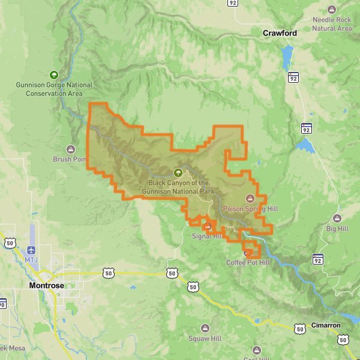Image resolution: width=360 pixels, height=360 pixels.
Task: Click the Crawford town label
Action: (280, 33)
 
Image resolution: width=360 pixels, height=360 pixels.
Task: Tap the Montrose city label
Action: (47, 286)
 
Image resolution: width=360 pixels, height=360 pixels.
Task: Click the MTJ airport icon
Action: (31, 249)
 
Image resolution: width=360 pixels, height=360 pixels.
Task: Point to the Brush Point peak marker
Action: (71, 149)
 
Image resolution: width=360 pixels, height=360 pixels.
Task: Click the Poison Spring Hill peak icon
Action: (250, 198)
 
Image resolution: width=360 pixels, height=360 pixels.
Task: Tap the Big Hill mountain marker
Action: (337, 218)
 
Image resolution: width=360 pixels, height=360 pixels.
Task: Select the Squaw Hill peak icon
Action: (205, 328)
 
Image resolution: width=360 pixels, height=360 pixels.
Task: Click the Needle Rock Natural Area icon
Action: (332, 10)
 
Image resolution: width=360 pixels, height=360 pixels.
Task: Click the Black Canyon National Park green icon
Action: (178, 172)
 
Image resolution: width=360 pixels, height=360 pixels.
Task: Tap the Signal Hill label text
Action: (206, 236)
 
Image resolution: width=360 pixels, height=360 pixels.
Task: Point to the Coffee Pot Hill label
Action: (248, 263)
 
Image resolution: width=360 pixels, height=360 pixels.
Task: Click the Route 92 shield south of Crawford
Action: (293, 77)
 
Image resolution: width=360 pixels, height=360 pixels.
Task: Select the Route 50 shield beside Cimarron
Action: (299, 328)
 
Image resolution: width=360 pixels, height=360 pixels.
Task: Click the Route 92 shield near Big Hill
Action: (317, 259)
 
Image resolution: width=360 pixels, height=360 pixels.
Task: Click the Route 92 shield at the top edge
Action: (233, 2)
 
